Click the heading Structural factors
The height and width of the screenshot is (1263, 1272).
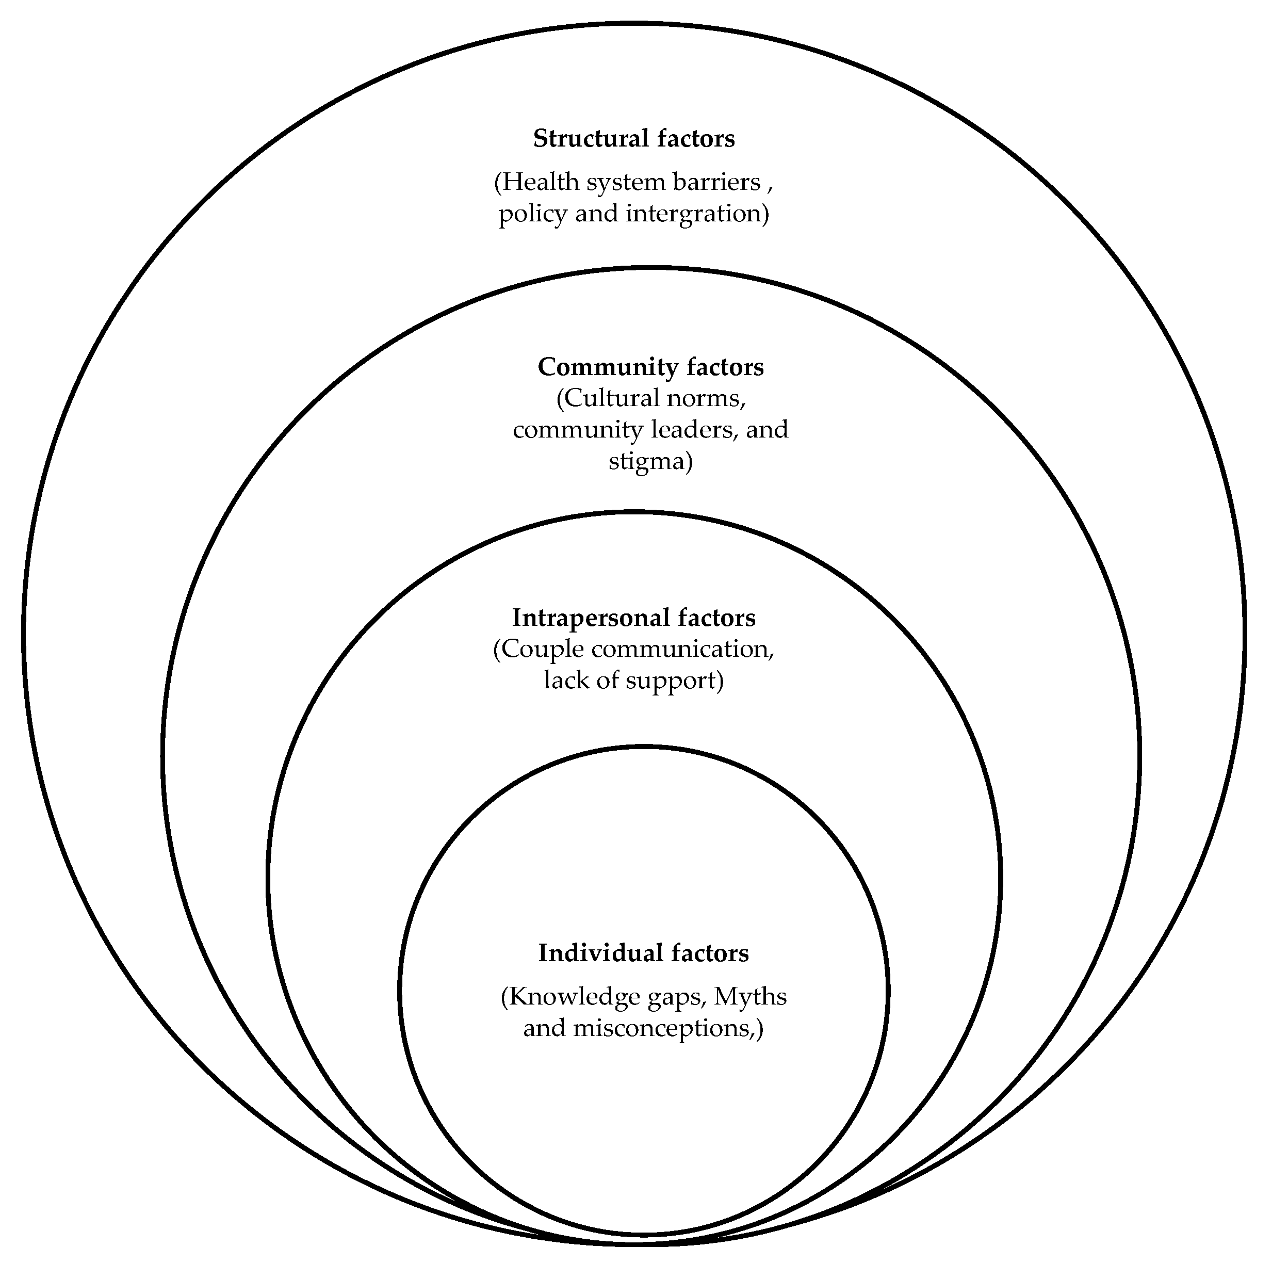tap(633, 139)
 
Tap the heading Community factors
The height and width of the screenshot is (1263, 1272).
tap(650, 367)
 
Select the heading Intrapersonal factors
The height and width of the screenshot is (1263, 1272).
tap(633, 618)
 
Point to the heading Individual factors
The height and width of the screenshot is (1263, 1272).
tap(643, 953)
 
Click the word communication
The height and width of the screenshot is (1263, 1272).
tap(682, 649)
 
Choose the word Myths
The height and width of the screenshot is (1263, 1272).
tap(751, 996)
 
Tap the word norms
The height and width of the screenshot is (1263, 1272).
tap(710, 398)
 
